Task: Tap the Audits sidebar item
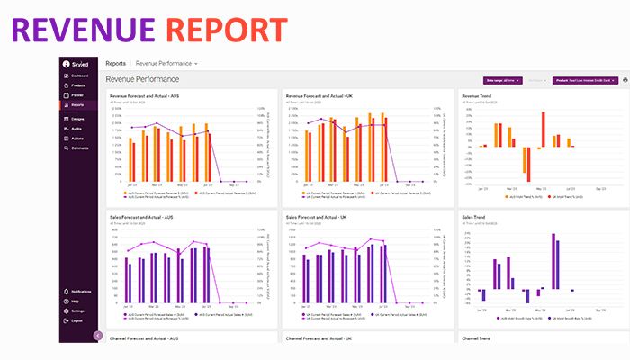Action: (76, 129)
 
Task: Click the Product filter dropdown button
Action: (584, 81)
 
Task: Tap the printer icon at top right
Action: (625, 81)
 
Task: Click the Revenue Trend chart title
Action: (477, 95)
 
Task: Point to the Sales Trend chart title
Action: (473, 217)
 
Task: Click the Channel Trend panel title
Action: (476, 338)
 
